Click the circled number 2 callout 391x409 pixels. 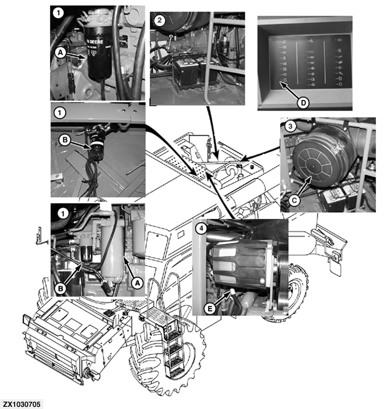(158, 20)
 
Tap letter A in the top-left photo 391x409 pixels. (61, 52)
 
